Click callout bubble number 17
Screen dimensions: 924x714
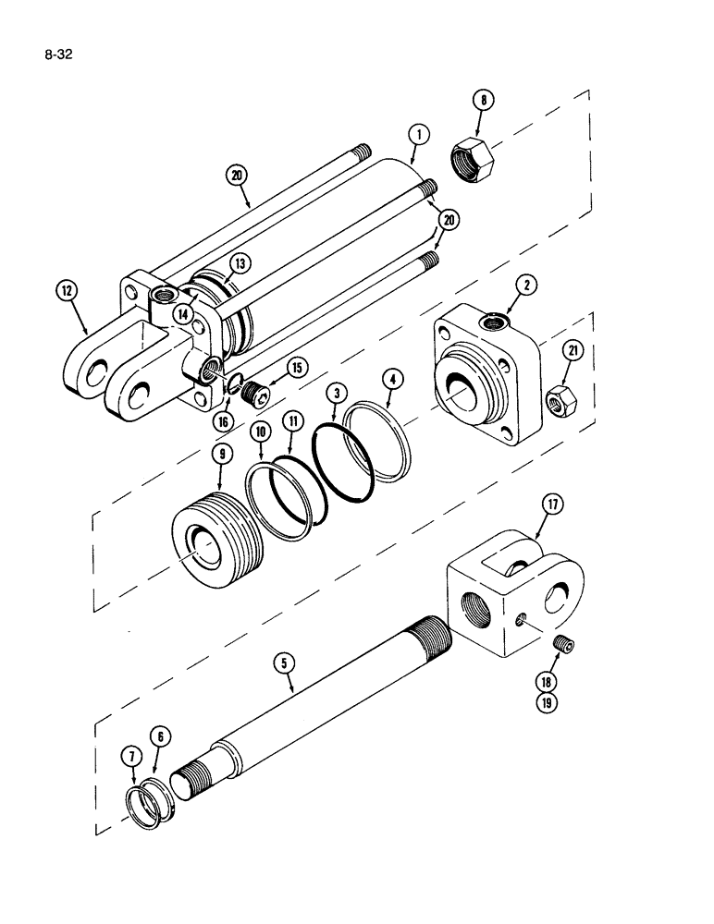(x=552, y=505)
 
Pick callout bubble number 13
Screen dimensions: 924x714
(x=240, y=264)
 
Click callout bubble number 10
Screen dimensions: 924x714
(x=261, y=431)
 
